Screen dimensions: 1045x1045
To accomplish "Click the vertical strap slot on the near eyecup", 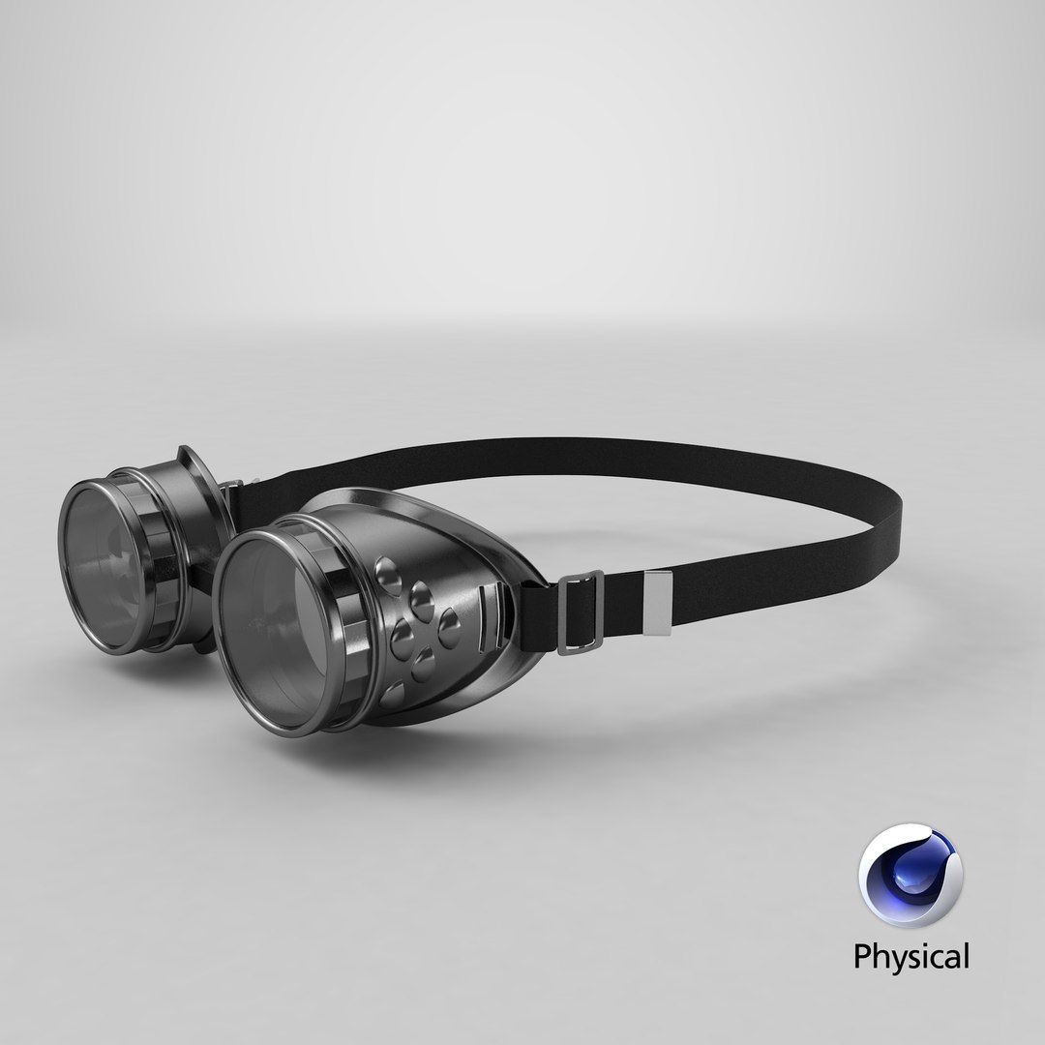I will (x=489, y=615).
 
